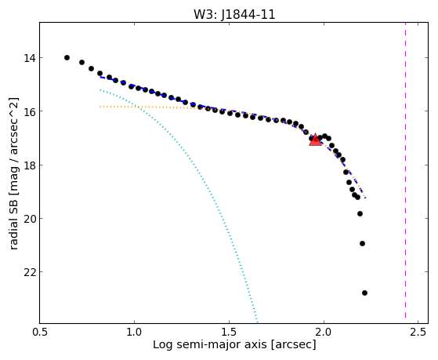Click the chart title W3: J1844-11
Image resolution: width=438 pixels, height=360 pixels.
click(234, 14)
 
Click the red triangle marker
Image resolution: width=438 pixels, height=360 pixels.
click(315, 140)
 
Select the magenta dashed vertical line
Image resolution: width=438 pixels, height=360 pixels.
click(405, 173)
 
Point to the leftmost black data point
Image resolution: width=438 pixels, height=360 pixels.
click(67, 57)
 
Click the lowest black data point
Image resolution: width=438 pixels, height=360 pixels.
click(364, 293)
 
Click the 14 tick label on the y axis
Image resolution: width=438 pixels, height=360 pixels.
click(30, 58)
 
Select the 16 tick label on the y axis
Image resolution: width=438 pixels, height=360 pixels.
click(30, 111)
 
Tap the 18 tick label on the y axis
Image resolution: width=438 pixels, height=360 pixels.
click(30, 165)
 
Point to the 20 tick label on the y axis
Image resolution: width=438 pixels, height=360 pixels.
click(30, 219)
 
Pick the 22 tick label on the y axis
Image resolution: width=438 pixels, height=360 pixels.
click(30, 272)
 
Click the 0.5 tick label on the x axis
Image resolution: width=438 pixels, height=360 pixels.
click(40, 332)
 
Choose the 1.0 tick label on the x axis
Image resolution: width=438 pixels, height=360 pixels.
click(135, 332)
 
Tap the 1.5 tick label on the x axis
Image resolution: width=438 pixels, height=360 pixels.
click(229, 332)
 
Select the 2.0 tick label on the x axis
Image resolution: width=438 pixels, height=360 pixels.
click(324, 332)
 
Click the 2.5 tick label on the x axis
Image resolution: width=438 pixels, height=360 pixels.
click(418, 332)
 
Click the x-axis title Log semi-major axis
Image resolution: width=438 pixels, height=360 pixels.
click(210, 344)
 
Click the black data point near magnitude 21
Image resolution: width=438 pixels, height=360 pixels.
click(362, 244)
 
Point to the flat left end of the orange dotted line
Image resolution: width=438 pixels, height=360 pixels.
click(100, 107)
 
